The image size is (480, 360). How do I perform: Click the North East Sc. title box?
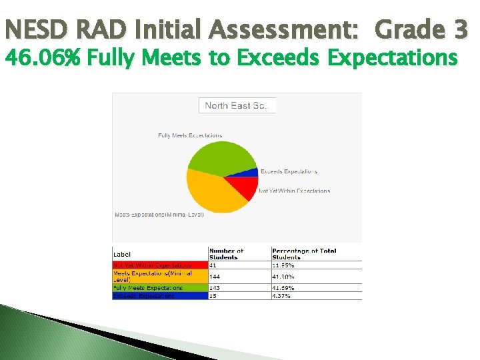(237, 105)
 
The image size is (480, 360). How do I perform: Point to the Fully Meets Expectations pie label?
(190, 135)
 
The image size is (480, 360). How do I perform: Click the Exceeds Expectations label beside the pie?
(289, 171)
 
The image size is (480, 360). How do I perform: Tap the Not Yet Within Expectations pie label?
(294, 191)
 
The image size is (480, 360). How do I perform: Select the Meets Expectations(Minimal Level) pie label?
(159, 215)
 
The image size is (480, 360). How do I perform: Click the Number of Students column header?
(227, 254)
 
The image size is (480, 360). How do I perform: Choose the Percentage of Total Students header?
(304, 254)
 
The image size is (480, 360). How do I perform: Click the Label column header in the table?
(123, 255)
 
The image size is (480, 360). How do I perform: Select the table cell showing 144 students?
(215, 276)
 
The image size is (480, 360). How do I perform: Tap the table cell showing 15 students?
(213, 296)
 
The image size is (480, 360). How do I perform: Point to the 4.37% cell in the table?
(281, 296)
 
